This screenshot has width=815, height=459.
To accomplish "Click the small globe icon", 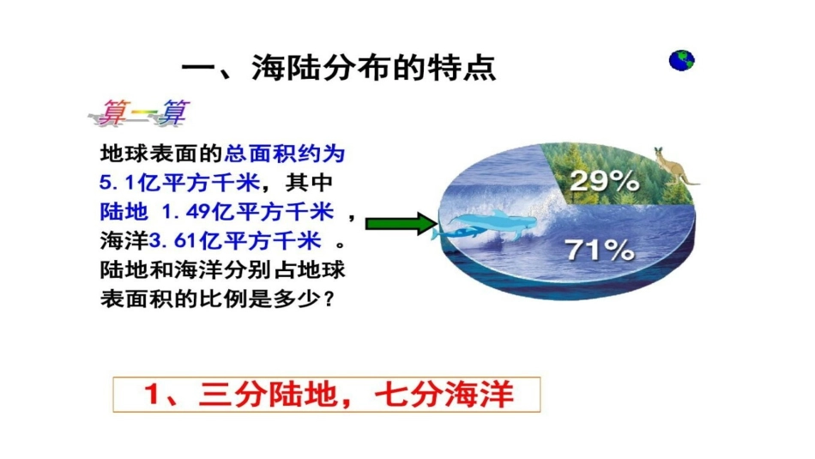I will tap(682, 60).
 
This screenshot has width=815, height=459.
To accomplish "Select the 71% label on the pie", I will tap(600, 250).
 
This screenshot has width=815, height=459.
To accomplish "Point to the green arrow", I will tap(402, 225).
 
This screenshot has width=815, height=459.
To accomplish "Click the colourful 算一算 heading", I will tap(142, 112).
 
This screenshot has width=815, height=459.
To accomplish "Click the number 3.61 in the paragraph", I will tap(160, 238).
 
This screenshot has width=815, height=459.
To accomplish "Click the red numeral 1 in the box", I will tap(153, 396).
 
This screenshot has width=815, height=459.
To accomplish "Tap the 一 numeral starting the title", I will tap(199, 68).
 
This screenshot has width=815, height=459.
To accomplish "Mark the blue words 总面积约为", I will tap(286, 154).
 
